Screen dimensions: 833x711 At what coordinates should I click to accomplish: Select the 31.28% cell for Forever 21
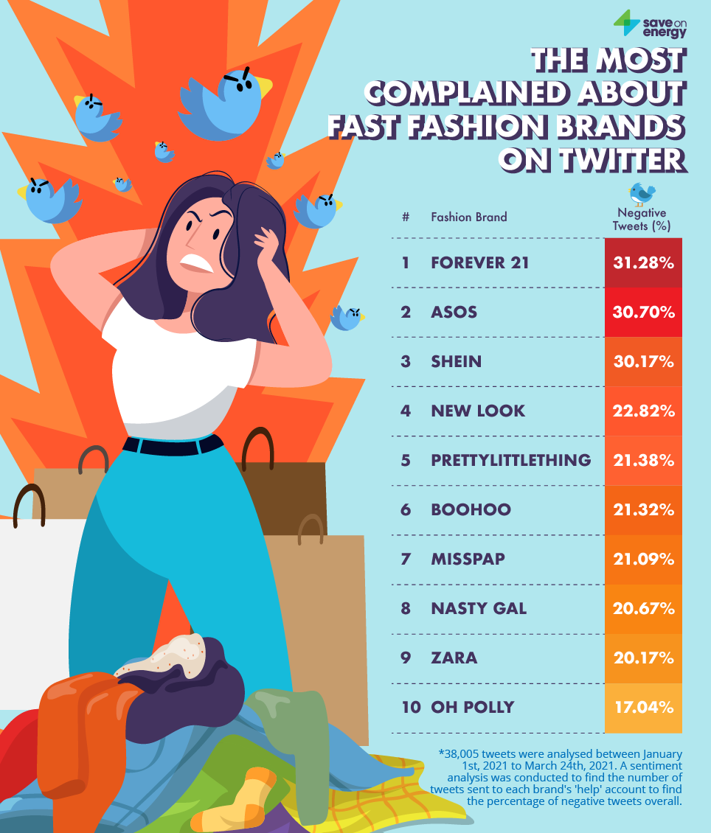643,262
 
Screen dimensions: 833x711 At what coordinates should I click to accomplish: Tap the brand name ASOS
454,312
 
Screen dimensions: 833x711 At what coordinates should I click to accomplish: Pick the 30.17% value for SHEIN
643,361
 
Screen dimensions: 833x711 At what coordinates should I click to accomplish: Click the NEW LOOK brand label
478,411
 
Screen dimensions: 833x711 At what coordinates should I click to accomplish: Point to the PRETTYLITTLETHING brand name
510,460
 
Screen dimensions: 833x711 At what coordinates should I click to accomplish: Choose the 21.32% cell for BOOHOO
643,509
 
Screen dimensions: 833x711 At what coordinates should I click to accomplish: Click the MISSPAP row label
468,559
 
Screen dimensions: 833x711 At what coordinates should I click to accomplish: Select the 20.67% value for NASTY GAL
643,608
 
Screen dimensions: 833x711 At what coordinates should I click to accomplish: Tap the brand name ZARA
454,658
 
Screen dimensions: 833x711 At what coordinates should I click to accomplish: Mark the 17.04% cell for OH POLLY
643,707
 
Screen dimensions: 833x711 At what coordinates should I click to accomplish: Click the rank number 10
411,707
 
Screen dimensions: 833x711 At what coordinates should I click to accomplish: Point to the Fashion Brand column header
468,217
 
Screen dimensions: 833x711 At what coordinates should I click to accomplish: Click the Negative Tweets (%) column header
642,220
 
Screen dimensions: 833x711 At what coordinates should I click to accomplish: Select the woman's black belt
173,445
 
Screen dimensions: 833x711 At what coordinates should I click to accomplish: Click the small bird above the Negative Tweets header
642,194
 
